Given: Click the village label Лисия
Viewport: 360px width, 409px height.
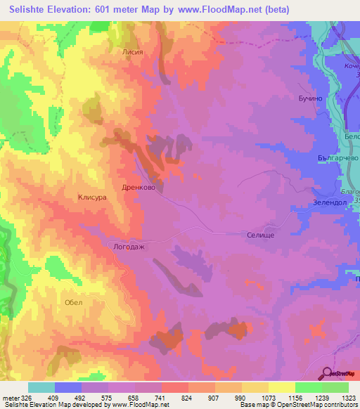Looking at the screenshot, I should (133, 51).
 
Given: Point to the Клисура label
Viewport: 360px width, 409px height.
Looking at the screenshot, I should (92, 198).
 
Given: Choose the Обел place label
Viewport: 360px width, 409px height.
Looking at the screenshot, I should (73, 302).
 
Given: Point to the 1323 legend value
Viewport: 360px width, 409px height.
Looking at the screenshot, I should (349, 396).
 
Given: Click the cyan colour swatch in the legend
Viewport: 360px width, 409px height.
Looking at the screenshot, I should (41, 387).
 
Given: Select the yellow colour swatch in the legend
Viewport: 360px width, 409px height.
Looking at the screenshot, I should (282, 387).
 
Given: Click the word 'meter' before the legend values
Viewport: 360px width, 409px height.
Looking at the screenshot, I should (10, 396).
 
